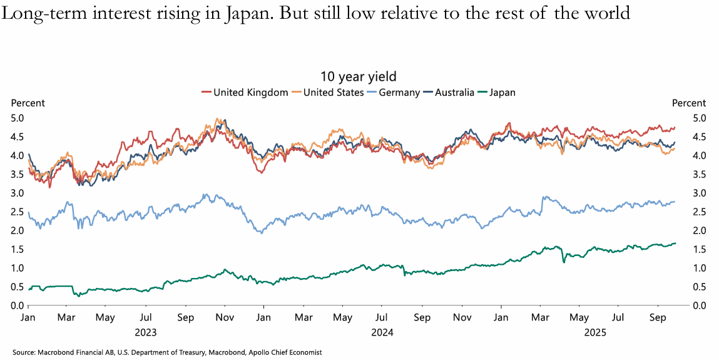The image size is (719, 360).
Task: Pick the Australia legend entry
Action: pyautogui.click(x=458, y=93)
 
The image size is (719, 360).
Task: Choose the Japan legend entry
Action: pyautogui.click(x=502, y=93)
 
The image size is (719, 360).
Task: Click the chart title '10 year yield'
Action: pyautogui.click(x=359, y=76)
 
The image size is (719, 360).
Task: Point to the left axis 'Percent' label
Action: pyautogui.click(x=28, y=103)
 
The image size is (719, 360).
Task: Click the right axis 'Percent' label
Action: pyautogui.click(x=689, y=103)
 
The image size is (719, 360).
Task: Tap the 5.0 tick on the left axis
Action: pyautogui.click(x=17, y=118)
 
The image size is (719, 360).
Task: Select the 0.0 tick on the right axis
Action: pyautogui.click(x=700, y=306)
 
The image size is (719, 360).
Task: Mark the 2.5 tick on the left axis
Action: pyautogui.click(x=17, y=212)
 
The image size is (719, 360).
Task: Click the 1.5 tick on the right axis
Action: pyautogui.click(x=700, y=249)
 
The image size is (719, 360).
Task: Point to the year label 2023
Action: pyautogui.click(x=145, y=332)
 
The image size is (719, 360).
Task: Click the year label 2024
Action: pyautogui.click(x=382, y=332)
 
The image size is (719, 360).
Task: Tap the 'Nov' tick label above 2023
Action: pyautogui.click(x=224, y=318)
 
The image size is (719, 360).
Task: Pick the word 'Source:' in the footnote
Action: pyautogui.click(x=24, y=352)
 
